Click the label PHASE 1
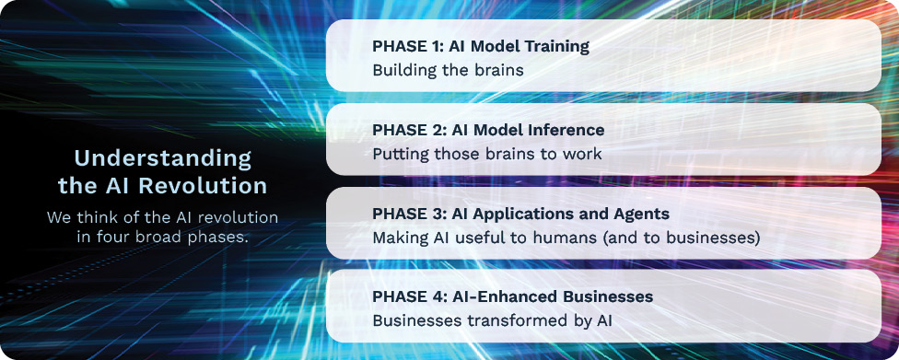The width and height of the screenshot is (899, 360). [x=407, y=46]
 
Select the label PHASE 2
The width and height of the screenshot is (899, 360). [x=408, y=130]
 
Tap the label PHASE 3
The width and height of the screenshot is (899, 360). [x=408, y=214]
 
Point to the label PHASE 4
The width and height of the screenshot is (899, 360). [x=408, y=297]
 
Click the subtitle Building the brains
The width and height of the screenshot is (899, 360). [x=449, y=71]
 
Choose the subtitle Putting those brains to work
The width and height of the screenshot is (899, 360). [x=487, y=154]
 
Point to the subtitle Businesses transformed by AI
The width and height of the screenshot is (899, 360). [x=492, y=320]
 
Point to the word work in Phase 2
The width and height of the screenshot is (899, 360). [x=581, y=154]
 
